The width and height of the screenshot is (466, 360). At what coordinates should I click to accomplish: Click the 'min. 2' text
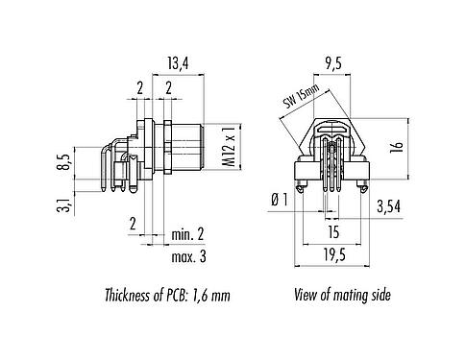click(x=188, y=235)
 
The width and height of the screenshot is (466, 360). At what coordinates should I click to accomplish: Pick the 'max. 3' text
click(x=188, y=256)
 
